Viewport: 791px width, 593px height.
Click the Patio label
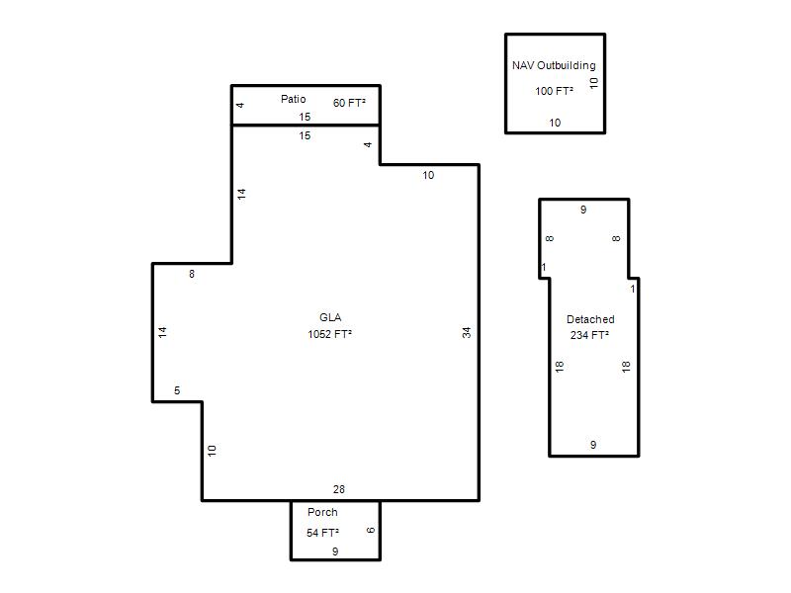coord(293,99)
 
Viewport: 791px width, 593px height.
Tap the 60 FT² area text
coord(349,103)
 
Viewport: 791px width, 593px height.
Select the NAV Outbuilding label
coord(554,65)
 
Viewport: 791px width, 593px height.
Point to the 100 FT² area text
coord(554,91)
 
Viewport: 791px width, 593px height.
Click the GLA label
coord(330,317)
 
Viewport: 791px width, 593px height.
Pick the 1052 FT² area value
coord(330,334)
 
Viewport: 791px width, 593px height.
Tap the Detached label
coord(590,319)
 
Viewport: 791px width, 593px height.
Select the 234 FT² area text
coord(589,335)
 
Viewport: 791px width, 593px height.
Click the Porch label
coord(322,512)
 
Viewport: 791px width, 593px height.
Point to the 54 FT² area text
coord(322,533)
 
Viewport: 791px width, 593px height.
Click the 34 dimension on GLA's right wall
coord(467,332)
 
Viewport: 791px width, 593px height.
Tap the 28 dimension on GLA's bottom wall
coord(339,489)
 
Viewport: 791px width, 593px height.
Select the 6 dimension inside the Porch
coord(371,530)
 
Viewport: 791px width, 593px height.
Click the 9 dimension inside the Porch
coord(335,551)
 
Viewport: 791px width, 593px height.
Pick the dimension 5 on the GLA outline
coord(177,390)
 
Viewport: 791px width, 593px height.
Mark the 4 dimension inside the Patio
coord(240,105)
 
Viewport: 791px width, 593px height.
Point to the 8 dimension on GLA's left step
coord(192,274)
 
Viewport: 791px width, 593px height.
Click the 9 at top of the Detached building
coord(583,210)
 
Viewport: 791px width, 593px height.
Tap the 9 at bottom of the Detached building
coord(593,445)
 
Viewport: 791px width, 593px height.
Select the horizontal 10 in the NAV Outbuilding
coord(555,123)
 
